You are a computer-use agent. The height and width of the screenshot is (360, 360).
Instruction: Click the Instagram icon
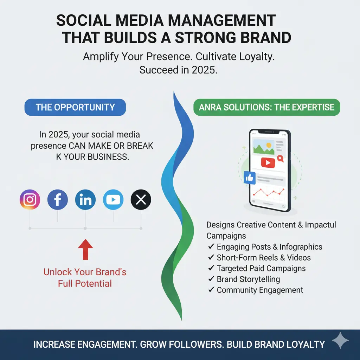(30, 200)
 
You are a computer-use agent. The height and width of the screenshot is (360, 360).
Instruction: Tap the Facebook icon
(58, 200)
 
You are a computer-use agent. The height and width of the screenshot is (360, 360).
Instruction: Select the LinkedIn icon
(85, 200)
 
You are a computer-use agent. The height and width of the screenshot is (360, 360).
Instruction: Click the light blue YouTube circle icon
(113, 200)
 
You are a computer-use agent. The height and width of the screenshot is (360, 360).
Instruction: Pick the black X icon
(141, 200)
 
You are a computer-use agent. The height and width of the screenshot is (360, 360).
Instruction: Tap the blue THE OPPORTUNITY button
(75, 107)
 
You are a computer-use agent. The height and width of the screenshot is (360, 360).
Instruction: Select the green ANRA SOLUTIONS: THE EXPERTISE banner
(266, 107)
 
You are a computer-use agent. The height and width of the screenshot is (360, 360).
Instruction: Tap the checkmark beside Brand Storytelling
(211, 279)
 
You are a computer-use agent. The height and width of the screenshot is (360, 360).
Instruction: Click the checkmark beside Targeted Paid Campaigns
(211, 268)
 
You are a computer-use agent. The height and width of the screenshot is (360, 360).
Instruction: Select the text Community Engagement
(260, 290)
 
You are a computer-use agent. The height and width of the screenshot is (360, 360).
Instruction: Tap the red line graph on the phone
(270, 192)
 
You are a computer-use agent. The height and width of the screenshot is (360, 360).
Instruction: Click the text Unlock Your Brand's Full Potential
(85, 278)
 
